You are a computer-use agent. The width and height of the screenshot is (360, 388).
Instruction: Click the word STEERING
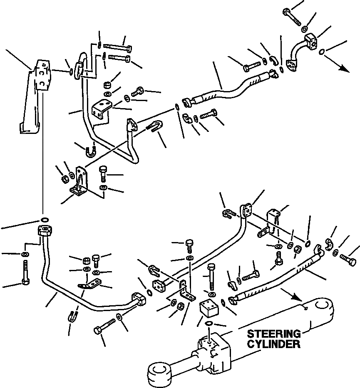[274, 334]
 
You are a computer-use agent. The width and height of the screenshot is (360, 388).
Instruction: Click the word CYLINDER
[273, 344]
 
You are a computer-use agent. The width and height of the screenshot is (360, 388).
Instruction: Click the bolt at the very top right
[292, 16]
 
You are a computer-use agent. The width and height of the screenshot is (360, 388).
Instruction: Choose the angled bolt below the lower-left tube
[106, 326]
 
